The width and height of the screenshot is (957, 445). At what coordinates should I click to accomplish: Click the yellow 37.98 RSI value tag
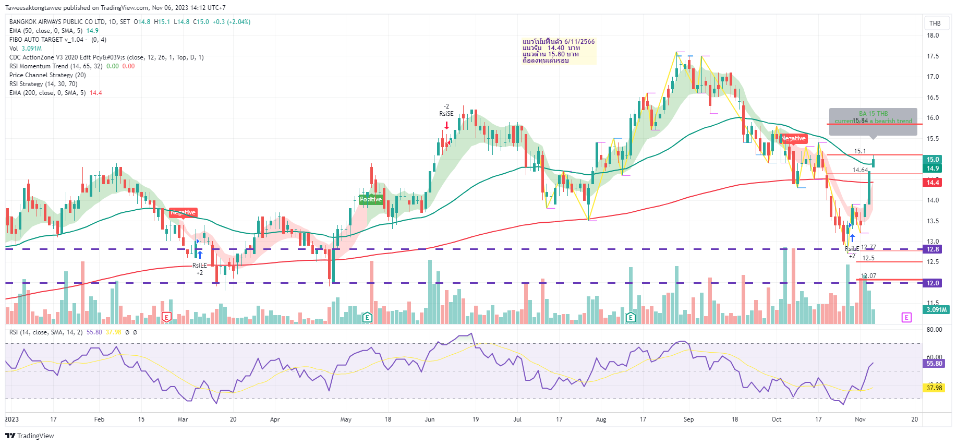pyautogui.click(x=934, y=388)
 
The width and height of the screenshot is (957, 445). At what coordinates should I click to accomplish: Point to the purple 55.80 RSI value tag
pyautogui.click(x=934, y=364)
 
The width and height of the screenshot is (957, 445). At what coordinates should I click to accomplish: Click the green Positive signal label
pyautogui.click(x=371, y=199)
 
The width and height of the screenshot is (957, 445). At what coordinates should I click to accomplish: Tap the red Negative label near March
pyautogui.click(x=183, y=212)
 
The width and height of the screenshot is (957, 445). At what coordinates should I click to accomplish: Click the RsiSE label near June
pyautogui.click(x=446, y=114)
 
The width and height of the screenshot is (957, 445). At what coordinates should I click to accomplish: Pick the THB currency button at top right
pyautogui.click(x=935, y=23)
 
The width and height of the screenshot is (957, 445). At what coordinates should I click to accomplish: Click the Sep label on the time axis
pyautogui.click(x=688, y=419)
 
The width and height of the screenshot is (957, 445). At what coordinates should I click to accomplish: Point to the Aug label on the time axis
pyautogui.click(x=601, y=419)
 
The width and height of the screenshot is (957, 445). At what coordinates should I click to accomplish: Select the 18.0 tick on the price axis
pyautogui.click(x=932, y=35)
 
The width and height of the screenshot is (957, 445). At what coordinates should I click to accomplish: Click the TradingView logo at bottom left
pyautogui.click(x=30, y=436)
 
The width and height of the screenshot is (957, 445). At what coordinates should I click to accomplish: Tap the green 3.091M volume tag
pyautogui.click(x=936, y=310)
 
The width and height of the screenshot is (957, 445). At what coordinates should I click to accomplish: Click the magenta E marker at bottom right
pyautogui.click(x=906, y=318)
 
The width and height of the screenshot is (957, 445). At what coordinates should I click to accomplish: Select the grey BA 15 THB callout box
pyautogui.click(x=873, y=121)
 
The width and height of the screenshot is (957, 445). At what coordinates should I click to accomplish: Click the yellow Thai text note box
pyautogui.click(x=559, y=51)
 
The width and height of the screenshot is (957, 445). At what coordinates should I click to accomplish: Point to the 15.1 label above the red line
pyautogui.click(x=859, y=151)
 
